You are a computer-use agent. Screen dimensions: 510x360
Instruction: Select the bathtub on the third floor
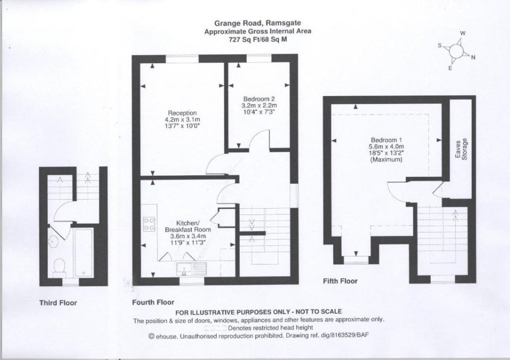coord(83,252)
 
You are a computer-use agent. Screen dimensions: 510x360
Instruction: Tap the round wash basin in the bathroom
coord(53,241)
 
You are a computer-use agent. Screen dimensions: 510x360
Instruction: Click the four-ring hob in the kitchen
coord(149,224)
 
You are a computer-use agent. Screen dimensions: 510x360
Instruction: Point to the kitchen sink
coord(192,269)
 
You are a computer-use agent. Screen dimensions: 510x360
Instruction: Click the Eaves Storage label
coord(461,149)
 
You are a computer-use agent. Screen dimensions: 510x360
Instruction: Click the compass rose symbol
coord(456,51)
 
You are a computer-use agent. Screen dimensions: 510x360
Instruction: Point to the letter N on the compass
coord(473,57)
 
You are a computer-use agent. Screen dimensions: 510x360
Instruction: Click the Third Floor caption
coord(58,303)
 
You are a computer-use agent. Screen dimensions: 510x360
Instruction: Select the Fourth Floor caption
coord(153,302)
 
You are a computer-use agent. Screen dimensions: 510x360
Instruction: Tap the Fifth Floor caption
coord(340,281)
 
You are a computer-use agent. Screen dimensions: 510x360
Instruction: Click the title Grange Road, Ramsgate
coord(257,23)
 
